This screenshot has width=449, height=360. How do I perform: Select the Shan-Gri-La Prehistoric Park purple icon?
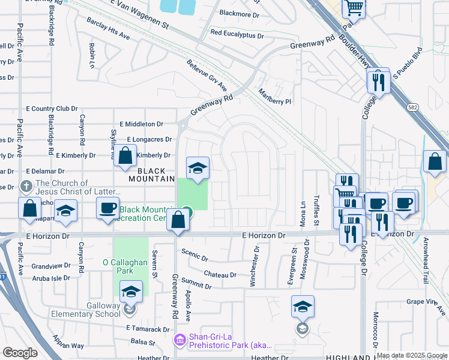[x=179, y=341]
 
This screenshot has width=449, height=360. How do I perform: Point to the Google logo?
[x=20, y=353]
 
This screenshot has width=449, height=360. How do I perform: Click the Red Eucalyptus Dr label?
[x=237, y=35]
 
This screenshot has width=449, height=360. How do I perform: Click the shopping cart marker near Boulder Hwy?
[x=354, y=8]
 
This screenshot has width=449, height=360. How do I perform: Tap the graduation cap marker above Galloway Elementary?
[x=130, y=292]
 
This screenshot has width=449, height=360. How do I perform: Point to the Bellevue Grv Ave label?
[x=206, y=76]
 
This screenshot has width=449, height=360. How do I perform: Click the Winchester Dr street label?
[x=256, y=265]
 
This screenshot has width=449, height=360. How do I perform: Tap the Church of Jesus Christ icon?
[x=26, y=187]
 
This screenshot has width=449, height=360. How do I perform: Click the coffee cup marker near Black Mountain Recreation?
[x=108, y=208]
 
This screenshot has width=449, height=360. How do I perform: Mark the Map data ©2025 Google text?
[x=412, y=355]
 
